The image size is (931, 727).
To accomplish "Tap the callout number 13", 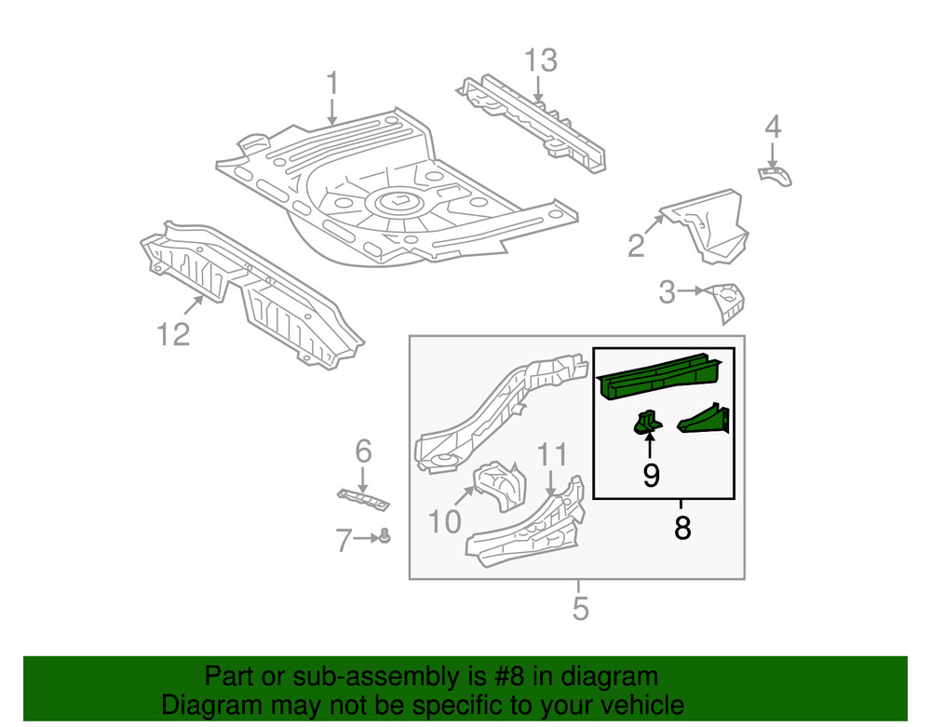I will coord(540,61).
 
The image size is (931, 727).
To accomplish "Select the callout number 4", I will coord(773,128).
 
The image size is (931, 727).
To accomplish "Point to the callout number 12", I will coord(173,332).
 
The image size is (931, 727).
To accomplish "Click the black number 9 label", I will coord(651,476).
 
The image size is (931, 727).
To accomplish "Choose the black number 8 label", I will coord(682,529).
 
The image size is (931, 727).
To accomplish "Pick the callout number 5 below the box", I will coord(580,609).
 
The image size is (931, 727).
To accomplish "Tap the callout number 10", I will coord(445,521).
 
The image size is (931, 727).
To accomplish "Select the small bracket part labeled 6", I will coord(362,497).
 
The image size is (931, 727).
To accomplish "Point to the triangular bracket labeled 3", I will coord(726,301).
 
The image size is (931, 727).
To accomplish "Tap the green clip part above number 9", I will coord(647,422).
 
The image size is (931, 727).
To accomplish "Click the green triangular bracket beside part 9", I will coord(706,418).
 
